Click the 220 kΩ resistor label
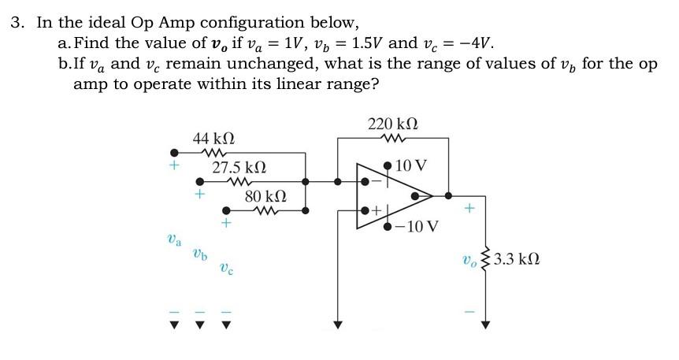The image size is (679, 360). [x=393, y=124]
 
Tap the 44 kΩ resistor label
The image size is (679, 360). [x=213, y=139]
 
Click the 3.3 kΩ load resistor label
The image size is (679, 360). [x=517, y=258]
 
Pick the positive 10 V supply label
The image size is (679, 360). [x=411, y=165]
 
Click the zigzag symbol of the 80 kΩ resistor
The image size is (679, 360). [x=264, y=210]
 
